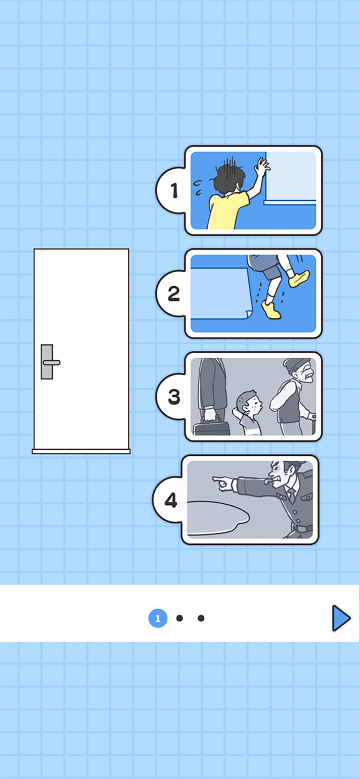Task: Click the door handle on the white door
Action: [x=50, y=362]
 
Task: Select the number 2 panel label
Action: [x=174, y=294]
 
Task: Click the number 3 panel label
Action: [x=174, y=397]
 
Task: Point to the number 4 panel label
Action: [x=171, y=500]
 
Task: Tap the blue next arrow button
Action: [x=341, y=618]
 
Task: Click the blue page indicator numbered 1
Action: [x=158, y=618]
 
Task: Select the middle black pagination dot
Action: [x=180, y=618]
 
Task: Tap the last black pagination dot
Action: [x=201, y=618]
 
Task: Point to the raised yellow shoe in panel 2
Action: [x=298, y=279]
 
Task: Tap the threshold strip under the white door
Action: [x=81, y=451]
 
